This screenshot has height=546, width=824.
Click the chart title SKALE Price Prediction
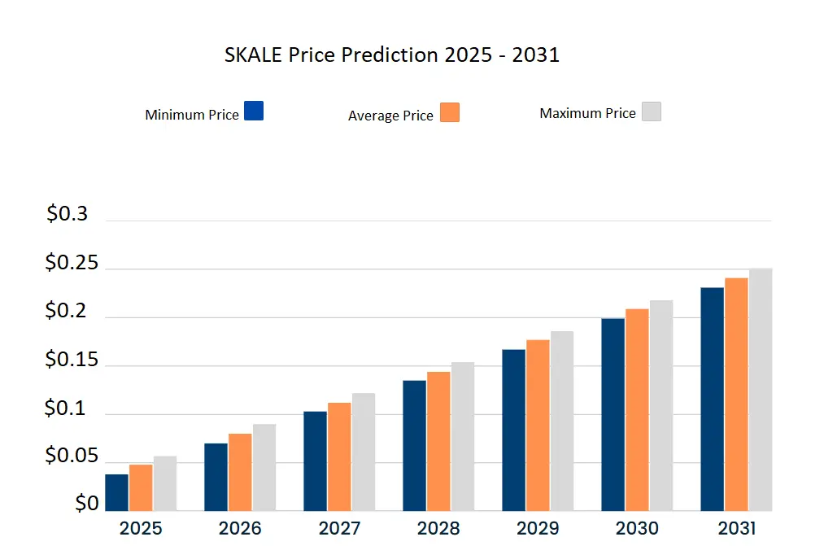pyautogui.click(x=391, y=55)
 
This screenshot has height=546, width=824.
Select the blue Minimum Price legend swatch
pyautogui.click(x=254, y=111)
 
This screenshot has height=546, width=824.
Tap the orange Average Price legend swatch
pyautogui.click(x=450, y=112)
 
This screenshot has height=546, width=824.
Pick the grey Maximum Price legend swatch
pyautogui.click(x=651, y=111)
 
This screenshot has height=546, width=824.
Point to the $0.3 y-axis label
pyautogui.click(x=67, y=214)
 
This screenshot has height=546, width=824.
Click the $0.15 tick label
pyautogui.click(x=71, y=360)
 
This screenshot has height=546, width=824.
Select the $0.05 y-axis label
pyautogui.click(x=71, y=456)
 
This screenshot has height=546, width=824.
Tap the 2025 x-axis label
pyautogui.click(x=141, y=528)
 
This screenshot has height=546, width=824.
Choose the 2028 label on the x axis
pyautogui.click(x=438, y=528)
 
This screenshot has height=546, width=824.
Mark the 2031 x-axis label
pyautogui.click(x=736, y=528)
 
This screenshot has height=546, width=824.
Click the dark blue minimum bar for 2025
pyautogui.click(x=117, y=492)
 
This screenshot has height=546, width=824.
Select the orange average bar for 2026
pyautogui.click(x=240, y=472)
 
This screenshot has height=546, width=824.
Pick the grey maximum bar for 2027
pyautogui.click(x=364, y=452)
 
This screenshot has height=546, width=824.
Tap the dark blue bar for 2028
pyautogui.click(x=415, y=445)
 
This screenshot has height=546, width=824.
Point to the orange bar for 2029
pyautogui.click(x=538, y=425)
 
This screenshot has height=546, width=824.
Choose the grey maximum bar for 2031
pyautogui.click(x=761, y=390)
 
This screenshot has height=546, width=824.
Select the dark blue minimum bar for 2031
pyautogui.click(x=713, y=399)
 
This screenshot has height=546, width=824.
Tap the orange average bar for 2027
pyautogui.click(x=339, y=456)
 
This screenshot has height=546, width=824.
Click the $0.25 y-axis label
pyautogui.click(x=71, y=264)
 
